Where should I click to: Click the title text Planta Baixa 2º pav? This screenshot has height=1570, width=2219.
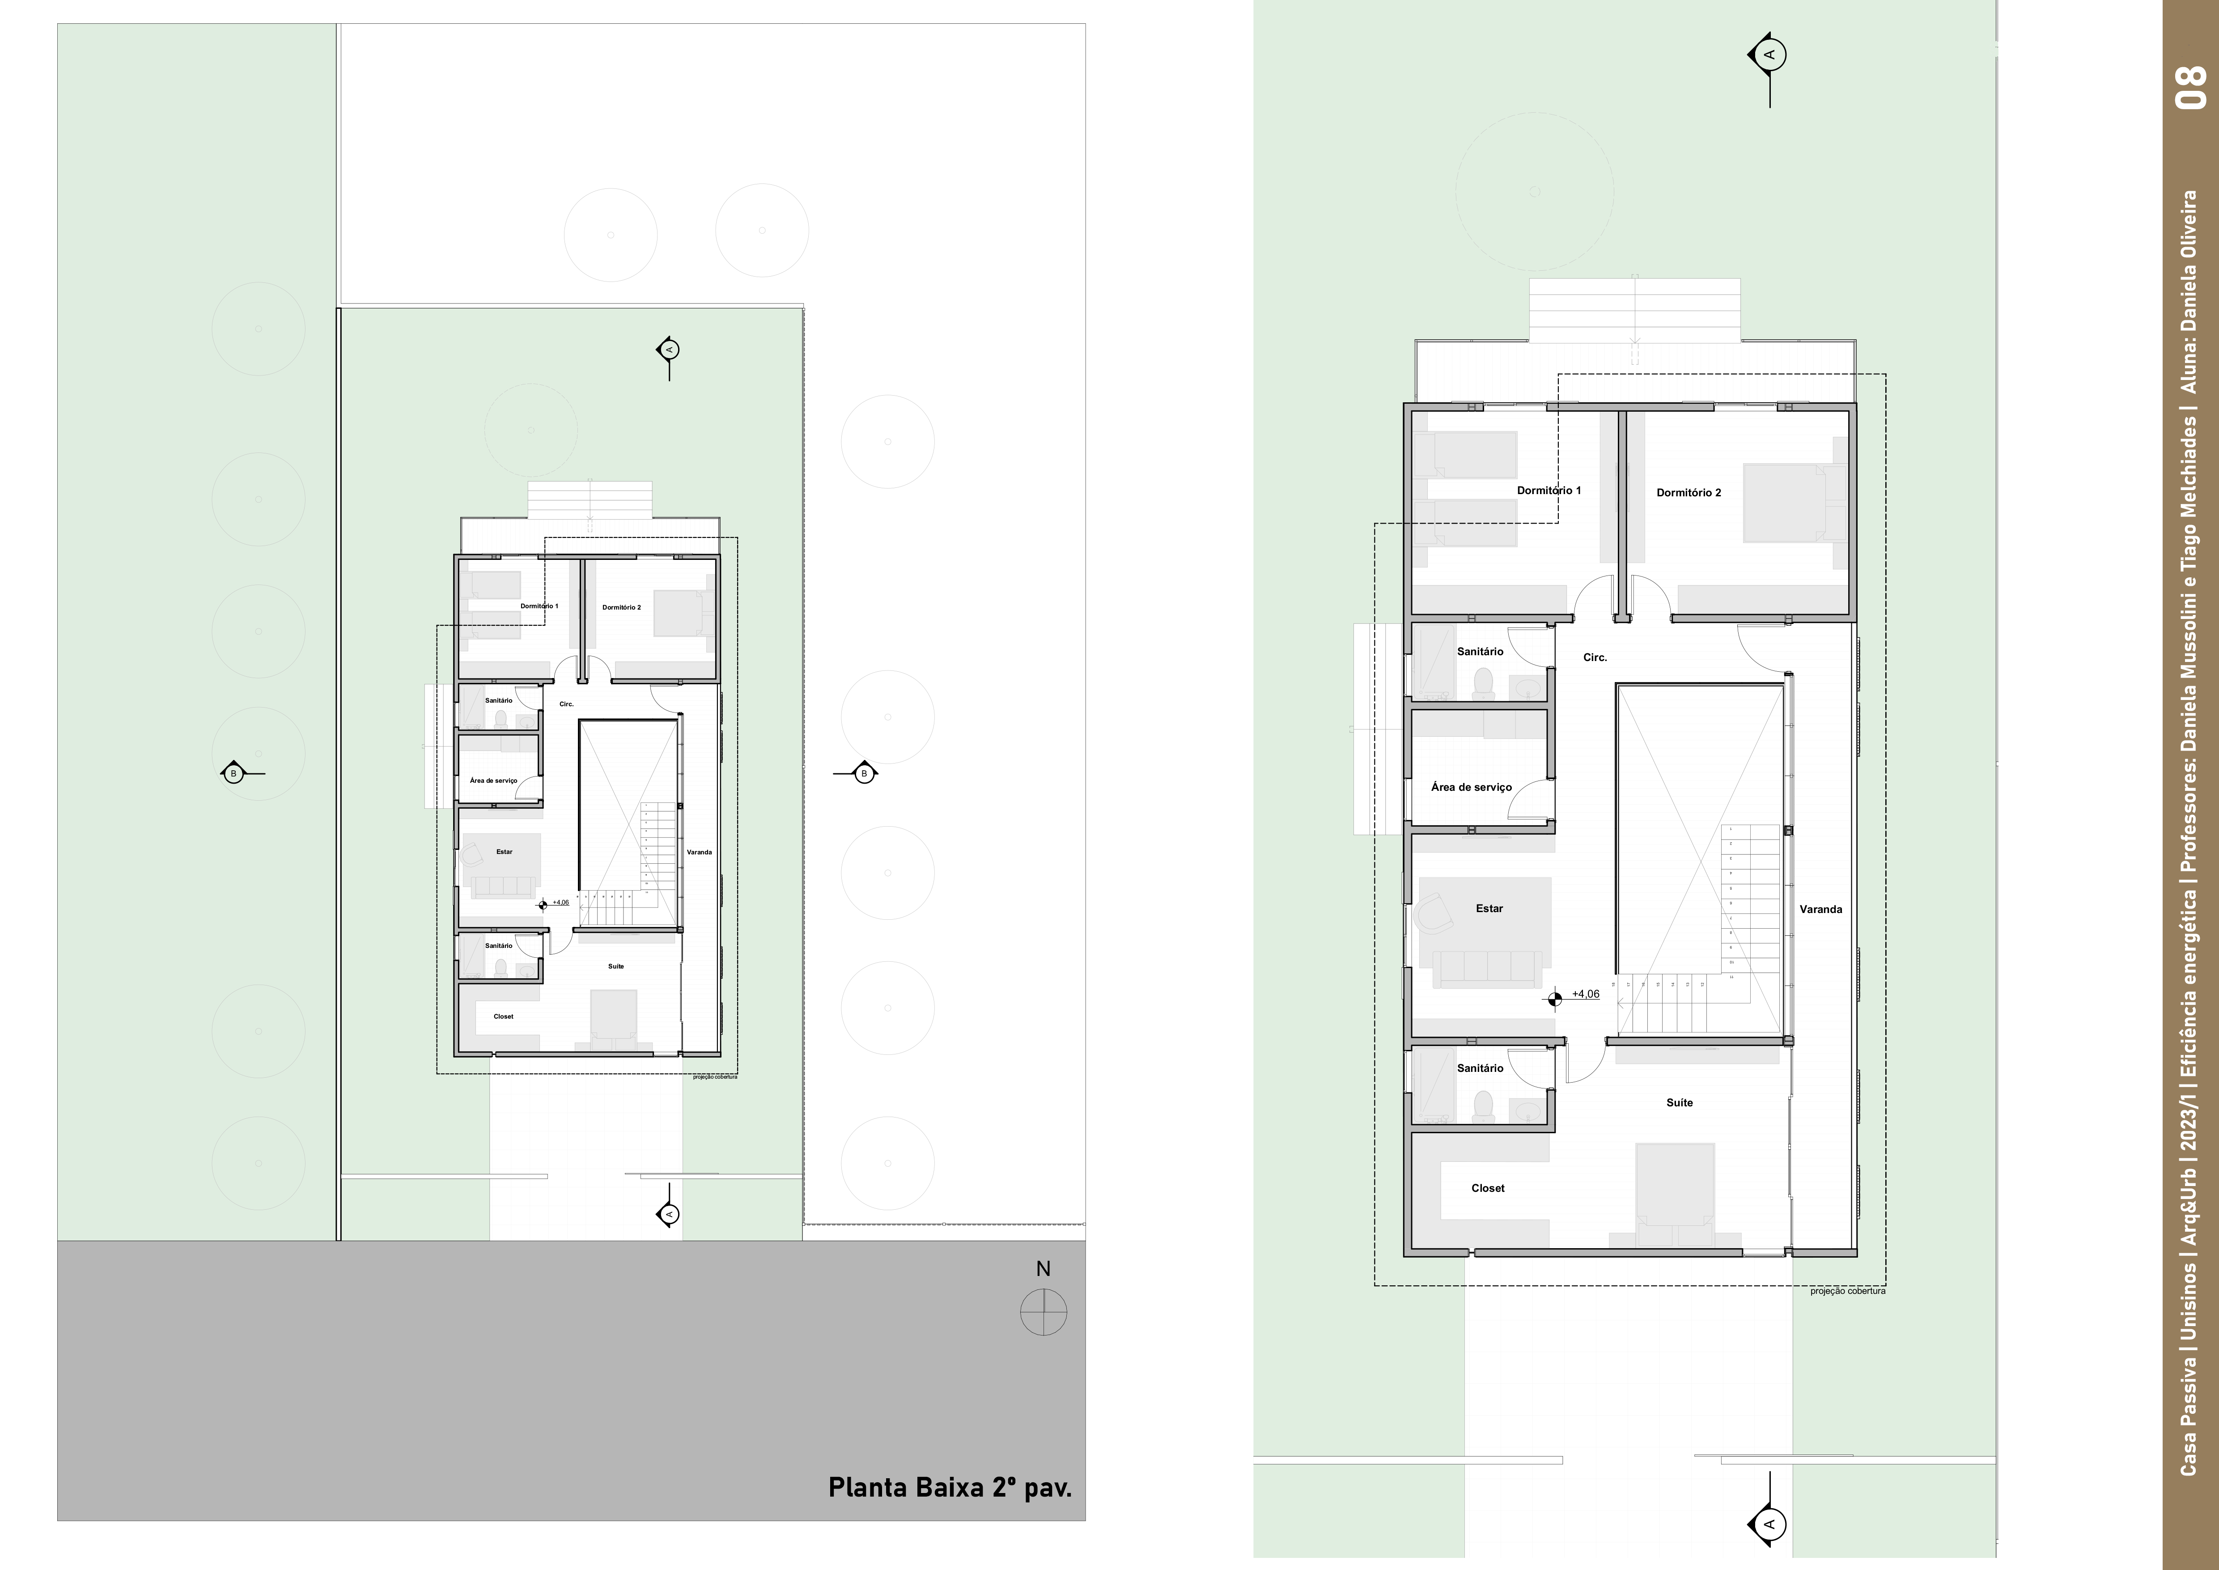click(949, 1487)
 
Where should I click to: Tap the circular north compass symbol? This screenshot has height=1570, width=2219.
click(1043, 1313)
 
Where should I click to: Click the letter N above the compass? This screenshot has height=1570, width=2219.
click(1043, 1268)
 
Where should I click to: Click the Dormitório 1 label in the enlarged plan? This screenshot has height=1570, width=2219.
click(1548, 490)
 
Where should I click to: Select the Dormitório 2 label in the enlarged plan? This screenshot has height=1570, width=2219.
click(1689, 493)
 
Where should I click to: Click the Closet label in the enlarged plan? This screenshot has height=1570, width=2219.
click(1487, 1188)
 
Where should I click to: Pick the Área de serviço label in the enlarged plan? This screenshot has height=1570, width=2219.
click(1471, 787)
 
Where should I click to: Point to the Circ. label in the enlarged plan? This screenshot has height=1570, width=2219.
click(1595, 657)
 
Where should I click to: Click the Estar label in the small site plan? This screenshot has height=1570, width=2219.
click(504, 852)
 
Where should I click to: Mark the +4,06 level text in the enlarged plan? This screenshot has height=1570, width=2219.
click(1585, 994)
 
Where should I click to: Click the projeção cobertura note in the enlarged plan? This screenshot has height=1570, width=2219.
click(1847, 1291)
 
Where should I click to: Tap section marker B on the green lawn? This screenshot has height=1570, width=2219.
click(233, 773)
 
